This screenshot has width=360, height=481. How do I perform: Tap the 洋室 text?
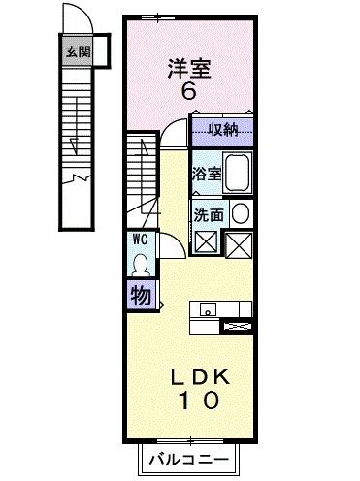coord(188,69)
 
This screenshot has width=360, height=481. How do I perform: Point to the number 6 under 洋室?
coord(188,94)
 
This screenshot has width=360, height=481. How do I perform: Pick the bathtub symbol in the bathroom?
coord(237,175)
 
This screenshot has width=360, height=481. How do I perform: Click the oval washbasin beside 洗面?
coord(240,213)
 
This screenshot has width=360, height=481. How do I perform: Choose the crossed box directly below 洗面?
coord(207,243)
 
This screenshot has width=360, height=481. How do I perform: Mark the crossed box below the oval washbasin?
coord(240,243)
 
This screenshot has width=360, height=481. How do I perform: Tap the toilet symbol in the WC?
coord(140,264)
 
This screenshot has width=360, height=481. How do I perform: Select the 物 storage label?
coord(140,295)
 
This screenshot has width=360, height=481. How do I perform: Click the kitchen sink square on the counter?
coord(206,309)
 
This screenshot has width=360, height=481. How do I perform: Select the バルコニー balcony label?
coord(189,460)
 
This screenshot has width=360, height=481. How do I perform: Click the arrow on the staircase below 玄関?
coord(76,145)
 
